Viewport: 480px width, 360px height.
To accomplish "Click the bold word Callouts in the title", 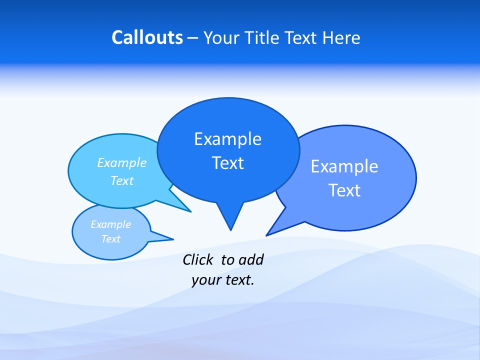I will (x=147, y=38).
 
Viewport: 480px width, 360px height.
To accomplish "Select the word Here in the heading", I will (x=341, y=38).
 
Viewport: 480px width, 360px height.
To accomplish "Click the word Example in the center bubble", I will (x=227, y=139).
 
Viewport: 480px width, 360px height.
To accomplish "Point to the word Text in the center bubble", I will (x=227, y=163).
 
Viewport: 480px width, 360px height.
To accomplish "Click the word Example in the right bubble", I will (x=344, y=166).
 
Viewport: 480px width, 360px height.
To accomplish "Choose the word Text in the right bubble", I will (x=344, y=190).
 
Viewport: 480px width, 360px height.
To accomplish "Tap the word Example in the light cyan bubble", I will (x=122, y=163).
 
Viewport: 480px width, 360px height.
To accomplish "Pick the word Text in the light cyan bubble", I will (x=122, y=180).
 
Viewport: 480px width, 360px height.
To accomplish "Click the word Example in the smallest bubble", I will (x=111, y=224).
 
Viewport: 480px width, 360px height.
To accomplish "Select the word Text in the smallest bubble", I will (x=111, y=239).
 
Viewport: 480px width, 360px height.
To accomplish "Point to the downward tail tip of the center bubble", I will (x=230, y=228).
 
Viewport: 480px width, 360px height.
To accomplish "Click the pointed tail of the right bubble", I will (x=268, y=234).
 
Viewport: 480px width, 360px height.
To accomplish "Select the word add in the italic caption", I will (x=251, y=259).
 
